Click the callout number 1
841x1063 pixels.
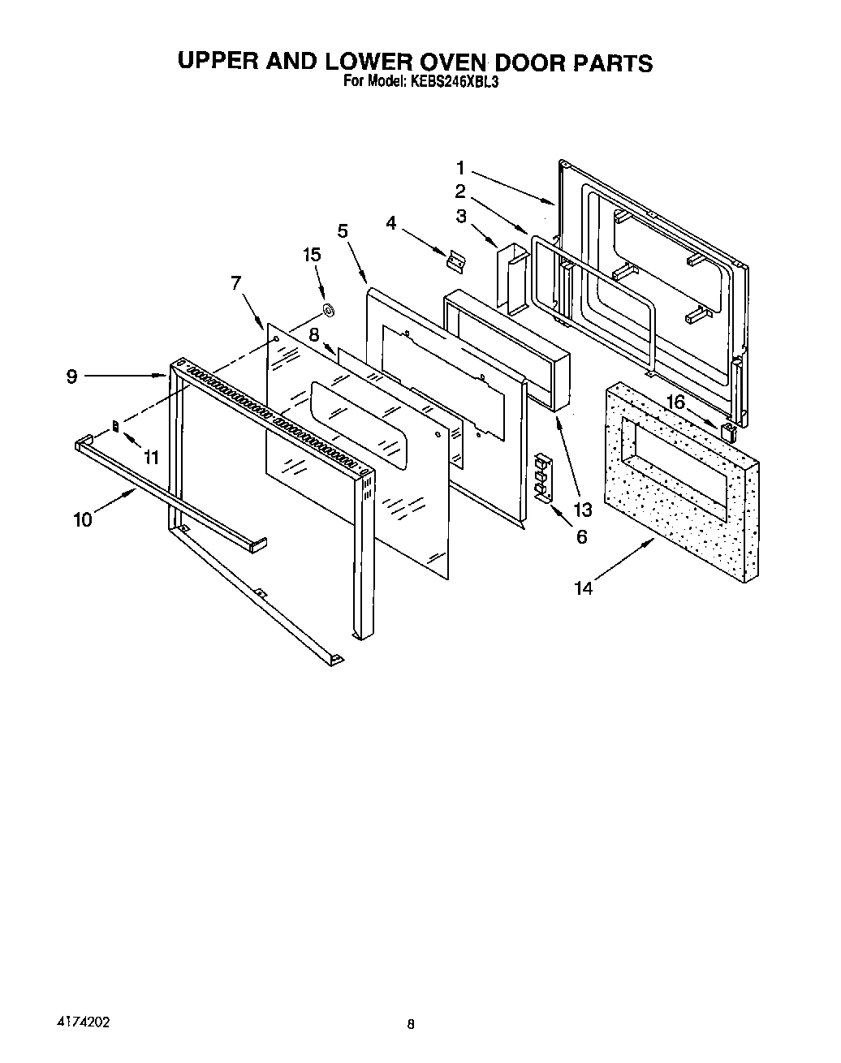point(459,169)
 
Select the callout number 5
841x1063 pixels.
point(343,230)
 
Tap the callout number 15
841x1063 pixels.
point(312,255)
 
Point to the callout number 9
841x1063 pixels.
point(72,377)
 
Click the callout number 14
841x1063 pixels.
point(584,588)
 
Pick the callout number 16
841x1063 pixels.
point(675,402)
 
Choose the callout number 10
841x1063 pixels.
point(84,519)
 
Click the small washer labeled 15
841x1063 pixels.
point(329,309)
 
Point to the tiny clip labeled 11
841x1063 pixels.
point(116,424)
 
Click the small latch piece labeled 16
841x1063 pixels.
point(730,430)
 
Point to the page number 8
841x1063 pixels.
point(412,1024)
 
